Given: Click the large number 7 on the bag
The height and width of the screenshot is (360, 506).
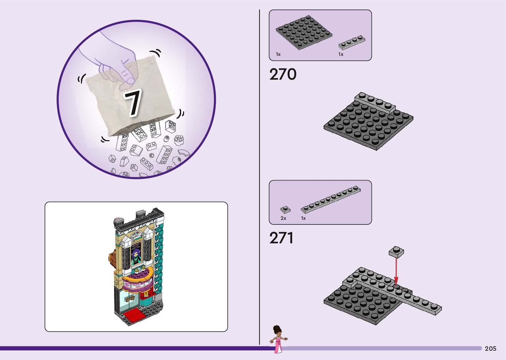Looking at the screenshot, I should point(133,102).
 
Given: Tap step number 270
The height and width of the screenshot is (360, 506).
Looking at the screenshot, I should point(283,74).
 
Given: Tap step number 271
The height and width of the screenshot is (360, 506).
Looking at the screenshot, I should point(281,238).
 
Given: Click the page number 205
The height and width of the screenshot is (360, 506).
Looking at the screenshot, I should point(490,348).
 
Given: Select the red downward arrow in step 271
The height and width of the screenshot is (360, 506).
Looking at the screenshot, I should point(396,271).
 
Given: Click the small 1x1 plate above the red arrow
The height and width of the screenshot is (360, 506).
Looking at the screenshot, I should point(396,252).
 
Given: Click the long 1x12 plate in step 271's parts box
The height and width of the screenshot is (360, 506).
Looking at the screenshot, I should point(331,199).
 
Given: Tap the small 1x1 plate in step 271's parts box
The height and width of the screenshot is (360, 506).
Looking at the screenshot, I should point(285,210).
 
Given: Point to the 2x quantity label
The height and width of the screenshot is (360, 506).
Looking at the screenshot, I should point(283,218).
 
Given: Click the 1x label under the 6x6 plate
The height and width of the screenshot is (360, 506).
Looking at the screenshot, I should point(278,54).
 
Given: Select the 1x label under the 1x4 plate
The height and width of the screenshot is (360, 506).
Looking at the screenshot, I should point(341,54).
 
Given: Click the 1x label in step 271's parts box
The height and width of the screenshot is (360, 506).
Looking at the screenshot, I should point(303,218).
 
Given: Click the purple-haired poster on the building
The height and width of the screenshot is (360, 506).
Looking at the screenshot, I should point(136,253).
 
